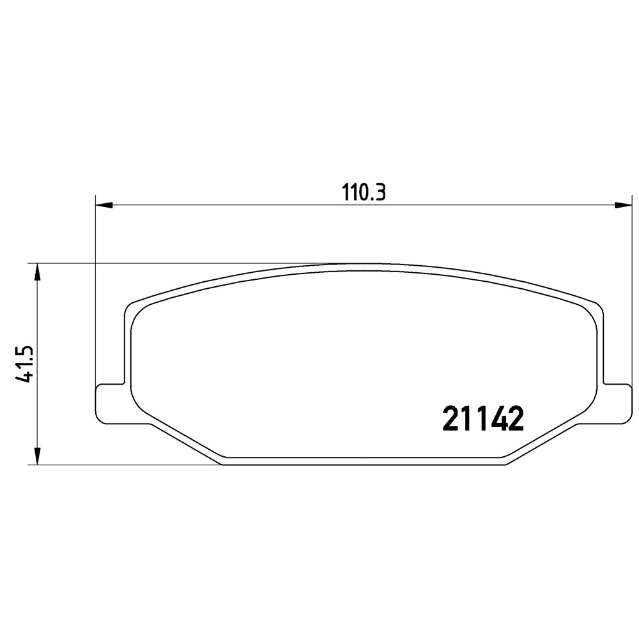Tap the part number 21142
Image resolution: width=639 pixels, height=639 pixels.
click(483, 420)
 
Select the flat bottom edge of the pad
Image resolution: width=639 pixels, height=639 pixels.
click(364, 463)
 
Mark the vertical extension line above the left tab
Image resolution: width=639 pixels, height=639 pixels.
click(95, 288)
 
